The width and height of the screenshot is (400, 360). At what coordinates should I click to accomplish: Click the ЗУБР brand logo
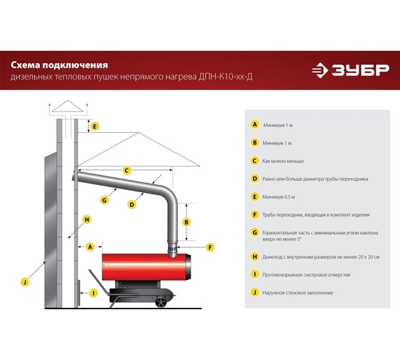351,70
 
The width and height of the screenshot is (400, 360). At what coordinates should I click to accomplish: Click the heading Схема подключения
59,65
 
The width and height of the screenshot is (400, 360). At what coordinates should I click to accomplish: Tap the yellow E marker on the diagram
94,126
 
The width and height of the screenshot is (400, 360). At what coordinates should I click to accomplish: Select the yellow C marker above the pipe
127,170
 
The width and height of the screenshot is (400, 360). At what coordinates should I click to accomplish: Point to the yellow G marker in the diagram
104,200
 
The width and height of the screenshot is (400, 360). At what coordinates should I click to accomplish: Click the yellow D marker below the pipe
131,204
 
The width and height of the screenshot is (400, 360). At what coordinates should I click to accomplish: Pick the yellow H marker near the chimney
87,219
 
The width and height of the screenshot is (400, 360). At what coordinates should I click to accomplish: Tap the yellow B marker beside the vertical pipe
186,222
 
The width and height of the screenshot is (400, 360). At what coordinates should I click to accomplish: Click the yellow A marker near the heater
90,246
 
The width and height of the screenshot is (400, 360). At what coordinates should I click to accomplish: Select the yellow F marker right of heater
210,247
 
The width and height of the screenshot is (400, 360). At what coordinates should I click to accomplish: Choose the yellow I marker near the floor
94,293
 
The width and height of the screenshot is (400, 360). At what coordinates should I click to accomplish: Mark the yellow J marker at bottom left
25,282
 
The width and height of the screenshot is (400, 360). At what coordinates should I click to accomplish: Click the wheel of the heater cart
161,302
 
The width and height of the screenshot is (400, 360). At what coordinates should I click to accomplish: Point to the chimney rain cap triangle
68,106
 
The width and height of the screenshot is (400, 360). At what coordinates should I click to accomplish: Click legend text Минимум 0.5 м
279,197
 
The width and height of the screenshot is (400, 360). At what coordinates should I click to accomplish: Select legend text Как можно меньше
283,161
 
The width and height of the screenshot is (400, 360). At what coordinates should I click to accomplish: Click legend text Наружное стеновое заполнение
298,293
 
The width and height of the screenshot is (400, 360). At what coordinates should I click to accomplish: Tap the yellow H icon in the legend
254,256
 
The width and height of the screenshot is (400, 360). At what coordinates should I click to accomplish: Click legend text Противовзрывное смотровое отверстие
306,275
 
